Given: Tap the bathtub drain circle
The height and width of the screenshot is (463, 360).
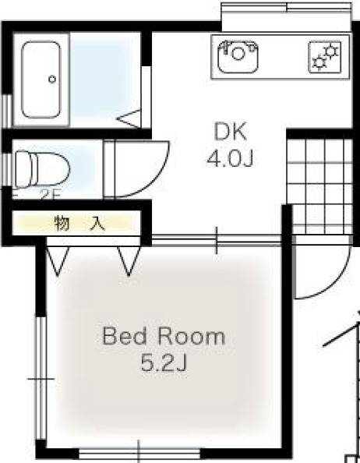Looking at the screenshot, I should [x=52, y=79].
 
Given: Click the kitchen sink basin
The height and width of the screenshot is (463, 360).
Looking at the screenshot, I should [x=238, y=57].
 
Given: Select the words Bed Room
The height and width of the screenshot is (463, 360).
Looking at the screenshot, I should [x=164, y=338].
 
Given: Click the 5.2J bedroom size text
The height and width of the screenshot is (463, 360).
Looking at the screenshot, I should [x=164, y=362].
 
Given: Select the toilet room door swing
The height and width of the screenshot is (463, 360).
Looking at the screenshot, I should [x=140, y=168].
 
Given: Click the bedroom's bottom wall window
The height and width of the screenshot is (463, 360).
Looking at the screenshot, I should [x=139, y=452].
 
